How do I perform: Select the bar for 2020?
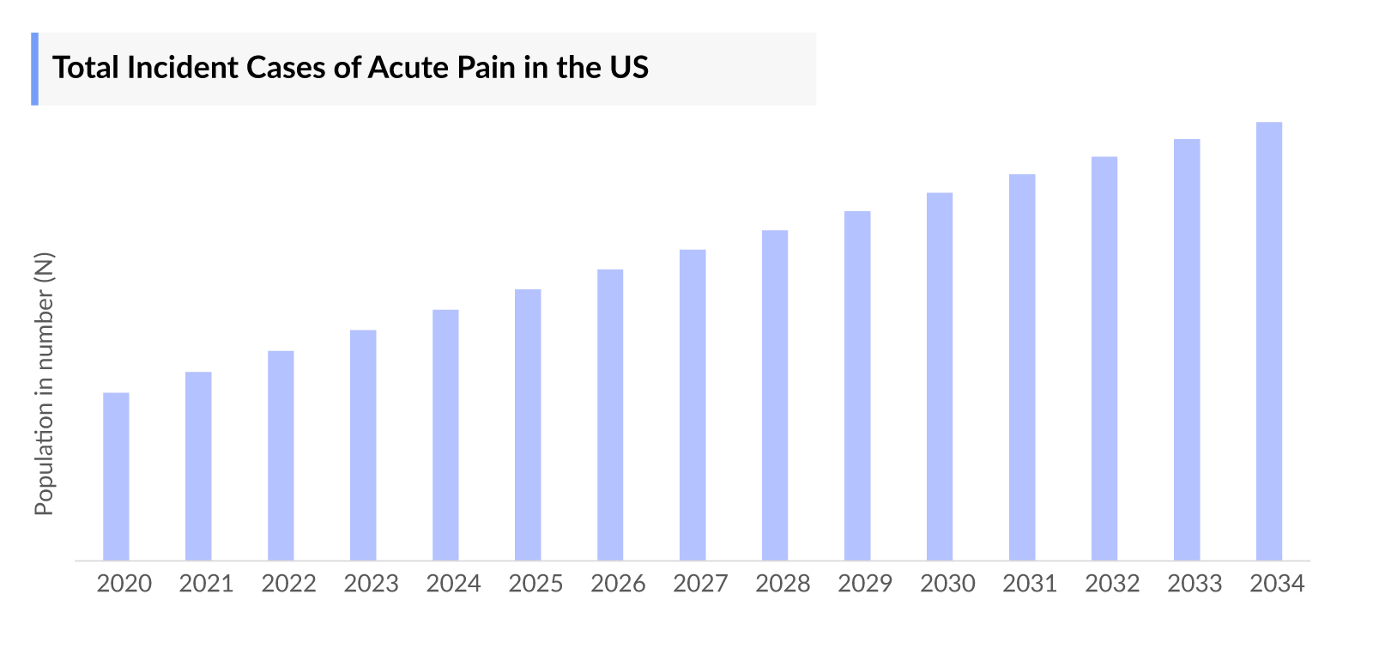[116, 476]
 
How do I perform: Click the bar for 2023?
[363, 445]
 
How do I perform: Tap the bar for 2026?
[610, 415]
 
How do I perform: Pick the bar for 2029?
[857, 385]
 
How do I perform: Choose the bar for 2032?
[1104, 358]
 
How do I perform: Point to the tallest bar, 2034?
[1269, 341]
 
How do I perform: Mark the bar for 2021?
[198, 466]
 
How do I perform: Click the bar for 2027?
[693, 405]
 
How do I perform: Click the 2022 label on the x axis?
[289, 584]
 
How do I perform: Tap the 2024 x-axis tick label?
[454, 584]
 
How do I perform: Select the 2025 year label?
[536, 584]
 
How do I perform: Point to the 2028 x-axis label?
[783, 584]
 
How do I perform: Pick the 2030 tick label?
[948, 584]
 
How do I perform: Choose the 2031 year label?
[1031, 584]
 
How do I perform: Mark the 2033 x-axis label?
[1195, 584]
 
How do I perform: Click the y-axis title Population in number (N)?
[44, 384]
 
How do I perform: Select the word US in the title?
[629, 68]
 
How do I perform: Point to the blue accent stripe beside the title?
[35, 69]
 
